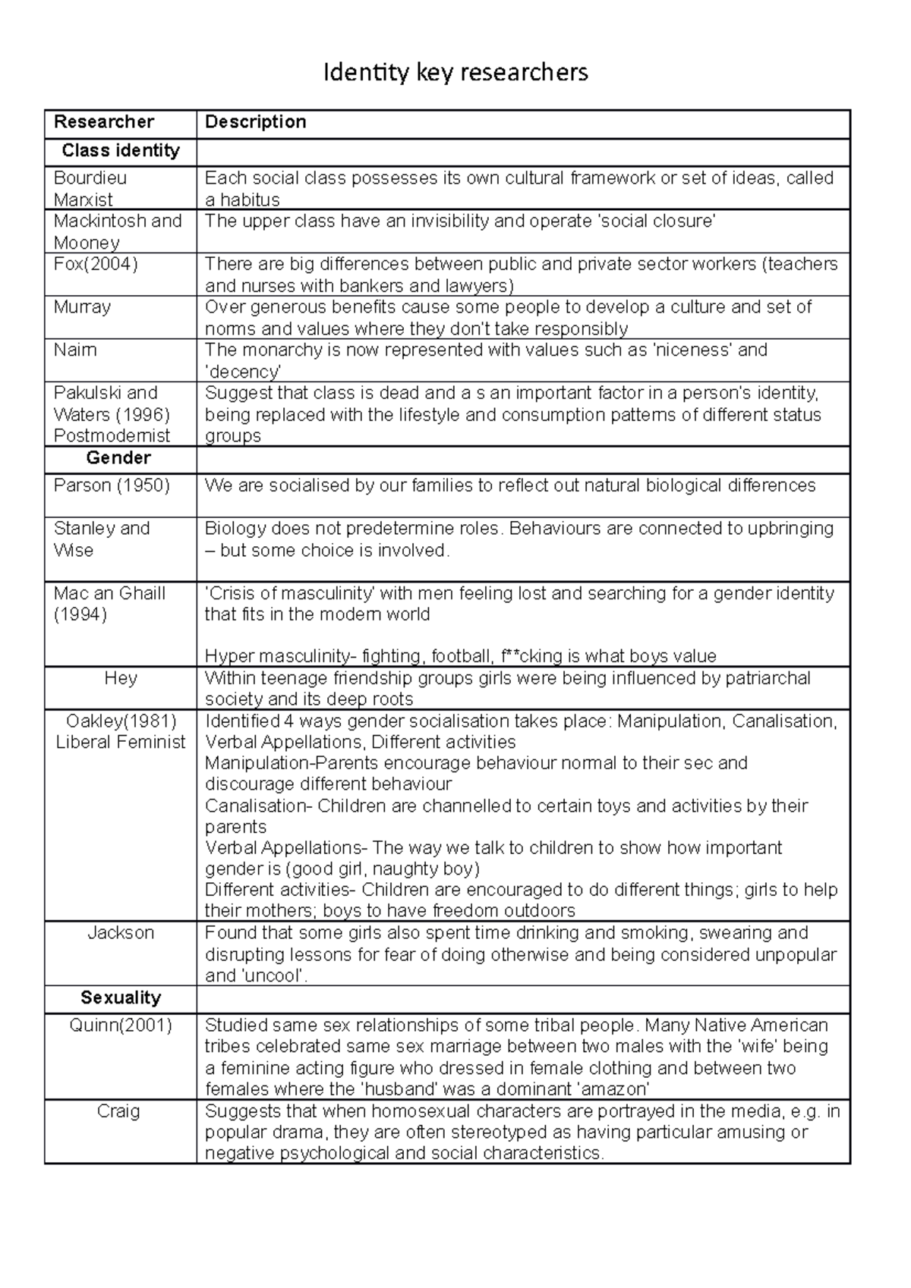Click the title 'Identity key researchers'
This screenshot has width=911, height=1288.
point(455,73)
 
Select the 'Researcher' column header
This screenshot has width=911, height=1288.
point(104,122)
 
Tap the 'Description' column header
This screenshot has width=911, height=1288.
point(256,122)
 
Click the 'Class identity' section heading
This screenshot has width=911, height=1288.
point(121,150)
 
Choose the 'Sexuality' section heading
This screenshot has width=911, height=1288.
point(121,998)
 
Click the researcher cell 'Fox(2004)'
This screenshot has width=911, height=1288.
point(96,264)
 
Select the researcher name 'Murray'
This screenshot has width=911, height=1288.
point(82,307)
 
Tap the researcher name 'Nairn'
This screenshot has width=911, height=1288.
point(75,350)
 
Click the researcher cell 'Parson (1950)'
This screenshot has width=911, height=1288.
point(112,485)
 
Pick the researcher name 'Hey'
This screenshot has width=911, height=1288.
point(121,678)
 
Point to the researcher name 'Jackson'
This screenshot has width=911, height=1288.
point(121,933)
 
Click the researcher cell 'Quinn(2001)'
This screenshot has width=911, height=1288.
point(121,1026)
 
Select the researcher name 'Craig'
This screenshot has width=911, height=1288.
point(118,1111)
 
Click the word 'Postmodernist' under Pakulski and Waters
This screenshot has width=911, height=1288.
point(112,436)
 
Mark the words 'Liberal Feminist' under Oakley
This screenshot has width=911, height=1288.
point(121,742)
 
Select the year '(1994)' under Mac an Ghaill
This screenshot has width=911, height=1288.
point(80,614)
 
